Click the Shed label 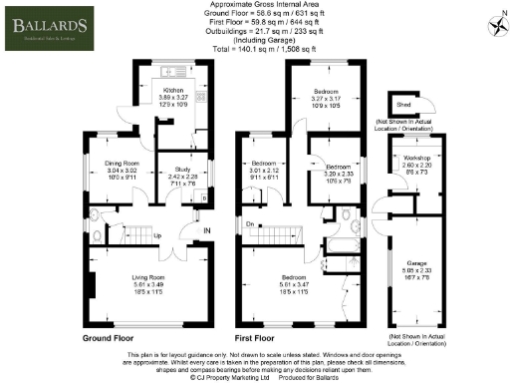pos(403,103)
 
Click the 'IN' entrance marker pos(206,231)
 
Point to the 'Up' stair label pos(156,236)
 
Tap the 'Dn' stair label pos(250,224)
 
